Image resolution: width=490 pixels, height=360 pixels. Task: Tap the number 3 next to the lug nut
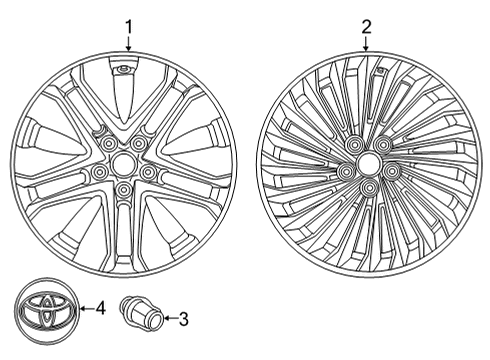click(183, 320)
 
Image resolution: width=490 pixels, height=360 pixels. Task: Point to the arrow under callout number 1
click(128, 43)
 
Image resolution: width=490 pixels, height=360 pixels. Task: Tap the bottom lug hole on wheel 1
click(123, 189)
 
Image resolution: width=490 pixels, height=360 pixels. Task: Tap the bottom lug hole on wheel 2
click(369, 187)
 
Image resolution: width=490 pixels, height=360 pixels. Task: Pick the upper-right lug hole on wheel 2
click(385, 147)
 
